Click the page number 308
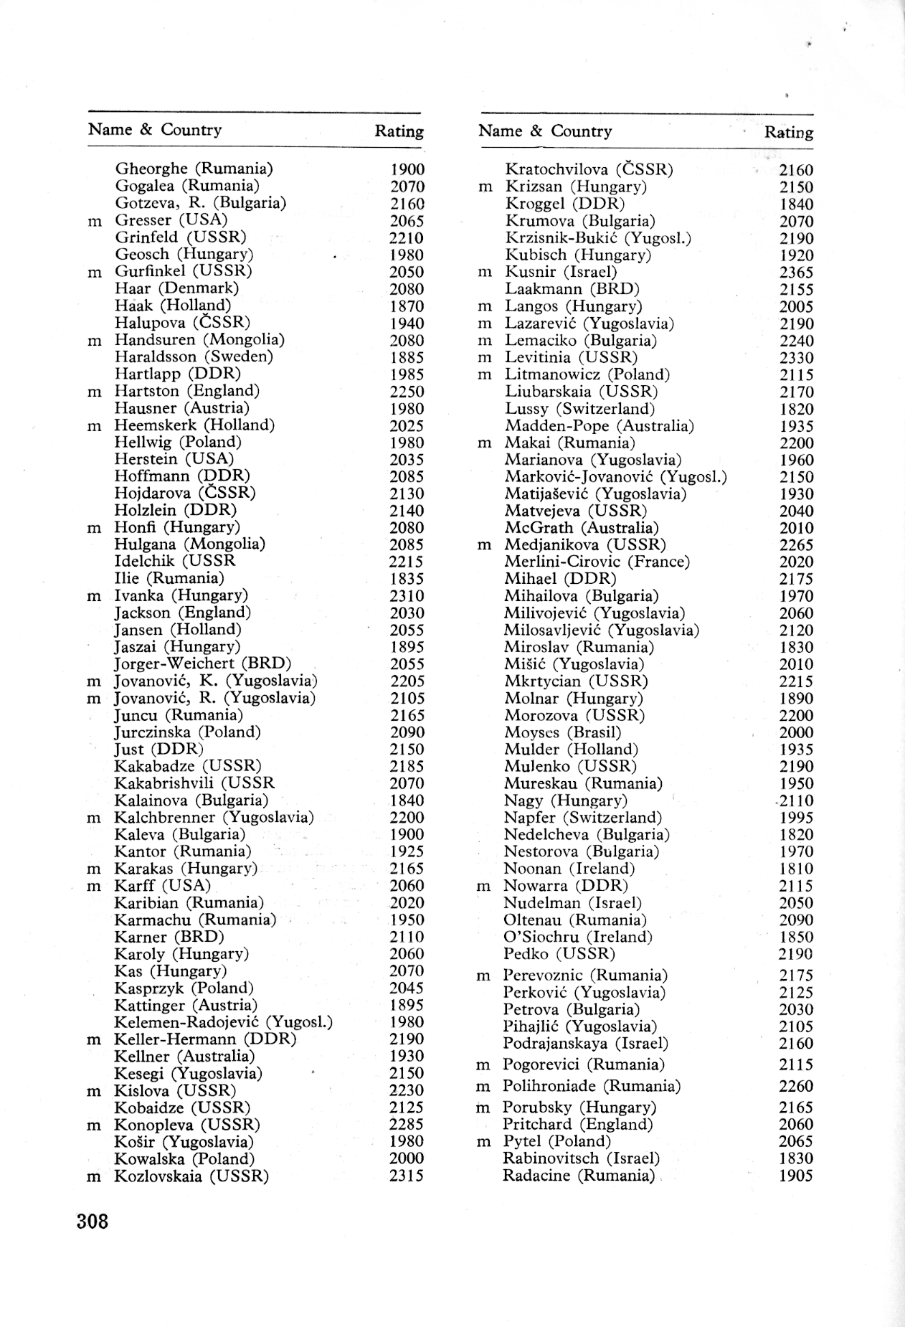(93, 1221)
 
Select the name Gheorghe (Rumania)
(194, 169)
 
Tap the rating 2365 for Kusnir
(796, 273)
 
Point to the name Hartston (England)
(187, 392)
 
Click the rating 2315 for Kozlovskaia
(407, 1176)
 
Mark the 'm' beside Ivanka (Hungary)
(94, 597)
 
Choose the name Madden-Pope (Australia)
(600, 427)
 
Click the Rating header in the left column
(399, 131)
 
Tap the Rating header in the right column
(788, 133)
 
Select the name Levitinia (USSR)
(571, 358)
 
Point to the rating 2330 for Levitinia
(796, 358)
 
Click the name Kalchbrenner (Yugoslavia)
(214, 818)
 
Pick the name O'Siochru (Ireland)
(578, 938)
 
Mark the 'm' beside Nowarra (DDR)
(484, 887)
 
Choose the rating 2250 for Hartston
(407, 392)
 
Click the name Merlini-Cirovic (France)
(597, 562)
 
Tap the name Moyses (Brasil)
(562, 733)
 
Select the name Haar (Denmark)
(176, 289)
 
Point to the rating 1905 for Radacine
(796, 1176)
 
